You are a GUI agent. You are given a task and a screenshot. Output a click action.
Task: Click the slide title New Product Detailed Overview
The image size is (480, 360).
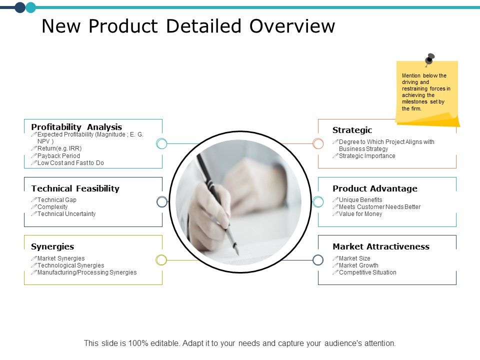[188, 26]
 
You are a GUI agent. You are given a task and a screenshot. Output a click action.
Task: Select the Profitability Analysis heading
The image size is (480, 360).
[76, 127]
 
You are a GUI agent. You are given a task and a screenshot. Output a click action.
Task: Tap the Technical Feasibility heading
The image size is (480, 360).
[75, 188]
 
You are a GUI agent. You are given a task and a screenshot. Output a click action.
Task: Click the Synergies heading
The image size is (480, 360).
[52, 246]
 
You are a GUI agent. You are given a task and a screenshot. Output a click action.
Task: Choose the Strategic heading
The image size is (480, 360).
[352, 130]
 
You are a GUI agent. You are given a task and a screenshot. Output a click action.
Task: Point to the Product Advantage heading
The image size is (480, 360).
[375, 188]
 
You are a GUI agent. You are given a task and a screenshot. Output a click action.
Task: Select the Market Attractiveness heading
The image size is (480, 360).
[381, 246]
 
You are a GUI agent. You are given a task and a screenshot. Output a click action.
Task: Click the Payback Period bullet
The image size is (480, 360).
[58, 156]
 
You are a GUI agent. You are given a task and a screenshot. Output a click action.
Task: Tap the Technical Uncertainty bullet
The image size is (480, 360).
[66, 214]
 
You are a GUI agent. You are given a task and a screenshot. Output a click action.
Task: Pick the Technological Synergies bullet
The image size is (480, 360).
[70, 265]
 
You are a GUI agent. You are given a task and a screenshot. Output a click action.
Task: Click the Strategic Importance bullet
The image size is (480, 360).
[367, 156]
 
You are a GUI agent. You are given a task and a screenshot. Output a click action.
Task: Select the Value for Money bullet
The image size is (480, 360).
[360, 214]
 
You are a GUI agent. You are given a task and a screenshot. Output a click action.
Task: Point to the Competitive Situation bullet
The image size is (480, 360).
[367, 272]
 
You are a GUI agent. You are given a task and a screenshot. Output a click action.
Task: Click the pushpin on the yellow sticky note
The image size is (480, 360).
[429, 59]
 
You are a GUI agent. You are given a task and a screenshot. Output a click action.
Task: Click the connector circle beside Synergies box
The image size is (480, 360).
[161, 260]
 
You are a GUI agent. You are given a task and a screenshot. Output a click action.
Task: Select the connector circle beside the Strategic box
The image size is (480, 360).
[318, 144]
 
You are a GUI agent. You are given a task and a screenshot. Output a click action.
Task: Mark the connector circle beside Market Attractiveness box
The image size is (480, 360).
[318, 260]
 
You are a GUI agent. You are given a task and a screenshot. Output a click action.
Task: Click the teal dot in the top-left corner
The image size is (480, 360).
[31, 7]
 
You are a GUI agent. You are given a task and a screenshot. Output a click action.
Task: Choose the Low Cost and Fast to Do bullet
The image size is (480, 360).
[70, 163]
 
